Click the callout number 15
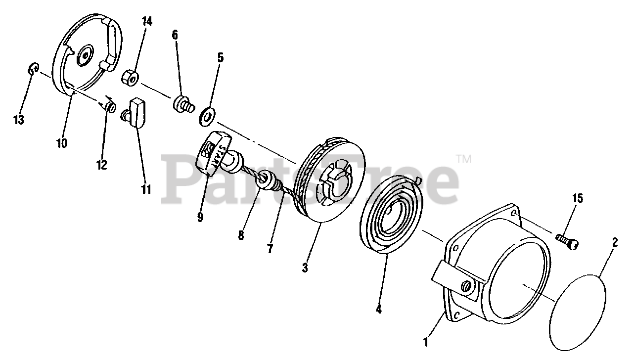pyautogui.click(x=577, y=199)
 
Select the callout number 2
pyautogui.click(x=615, y=243)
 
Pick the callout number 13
pyautogui.click(x=19, y=121)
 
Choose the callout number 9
pyautogui.click(x=200, y=217)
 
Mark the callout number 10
pyautogui.click(x=62, y=143)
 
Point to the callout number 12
pyautogui.click(x=101, y=165)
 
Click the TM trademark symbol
pyautogui.click(x=463, y=159)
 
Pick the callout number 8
pyautogui.click(x=241, y=235)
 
